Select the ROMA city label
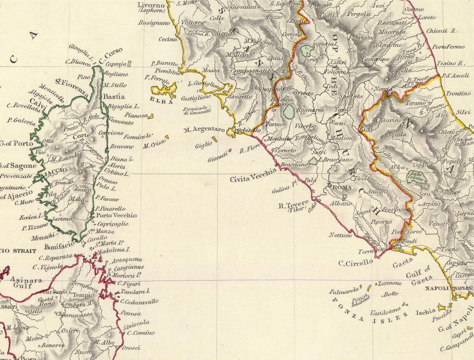(342, 188)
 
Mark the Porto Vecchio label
(116, 215)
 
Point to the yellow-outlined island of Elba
(164, 89)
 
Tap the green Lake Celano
(417, 177)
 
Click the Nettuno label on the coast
(341, 235)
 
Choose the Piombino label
(169, 72)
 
